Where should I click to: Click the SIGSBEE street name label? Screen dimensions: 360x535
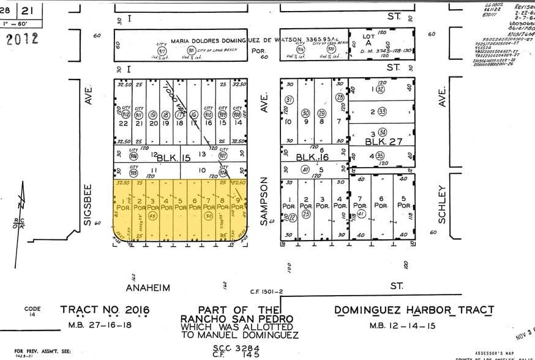88,204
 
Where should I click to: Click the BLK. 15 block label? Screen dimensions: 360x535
173,157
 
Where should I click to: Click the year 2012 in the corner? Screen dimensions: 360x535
22,39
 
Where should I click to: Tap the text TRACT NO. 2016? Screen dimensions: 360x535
105,310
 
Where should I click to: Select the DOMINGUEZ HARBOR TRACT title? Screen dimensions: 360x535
414,310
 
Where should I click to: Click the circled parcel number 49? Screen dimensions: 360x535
152,216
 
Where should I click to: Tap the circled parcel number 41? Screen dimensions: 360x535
361,212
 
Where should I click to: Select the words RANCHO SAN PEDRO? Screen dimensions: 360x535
236,320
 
